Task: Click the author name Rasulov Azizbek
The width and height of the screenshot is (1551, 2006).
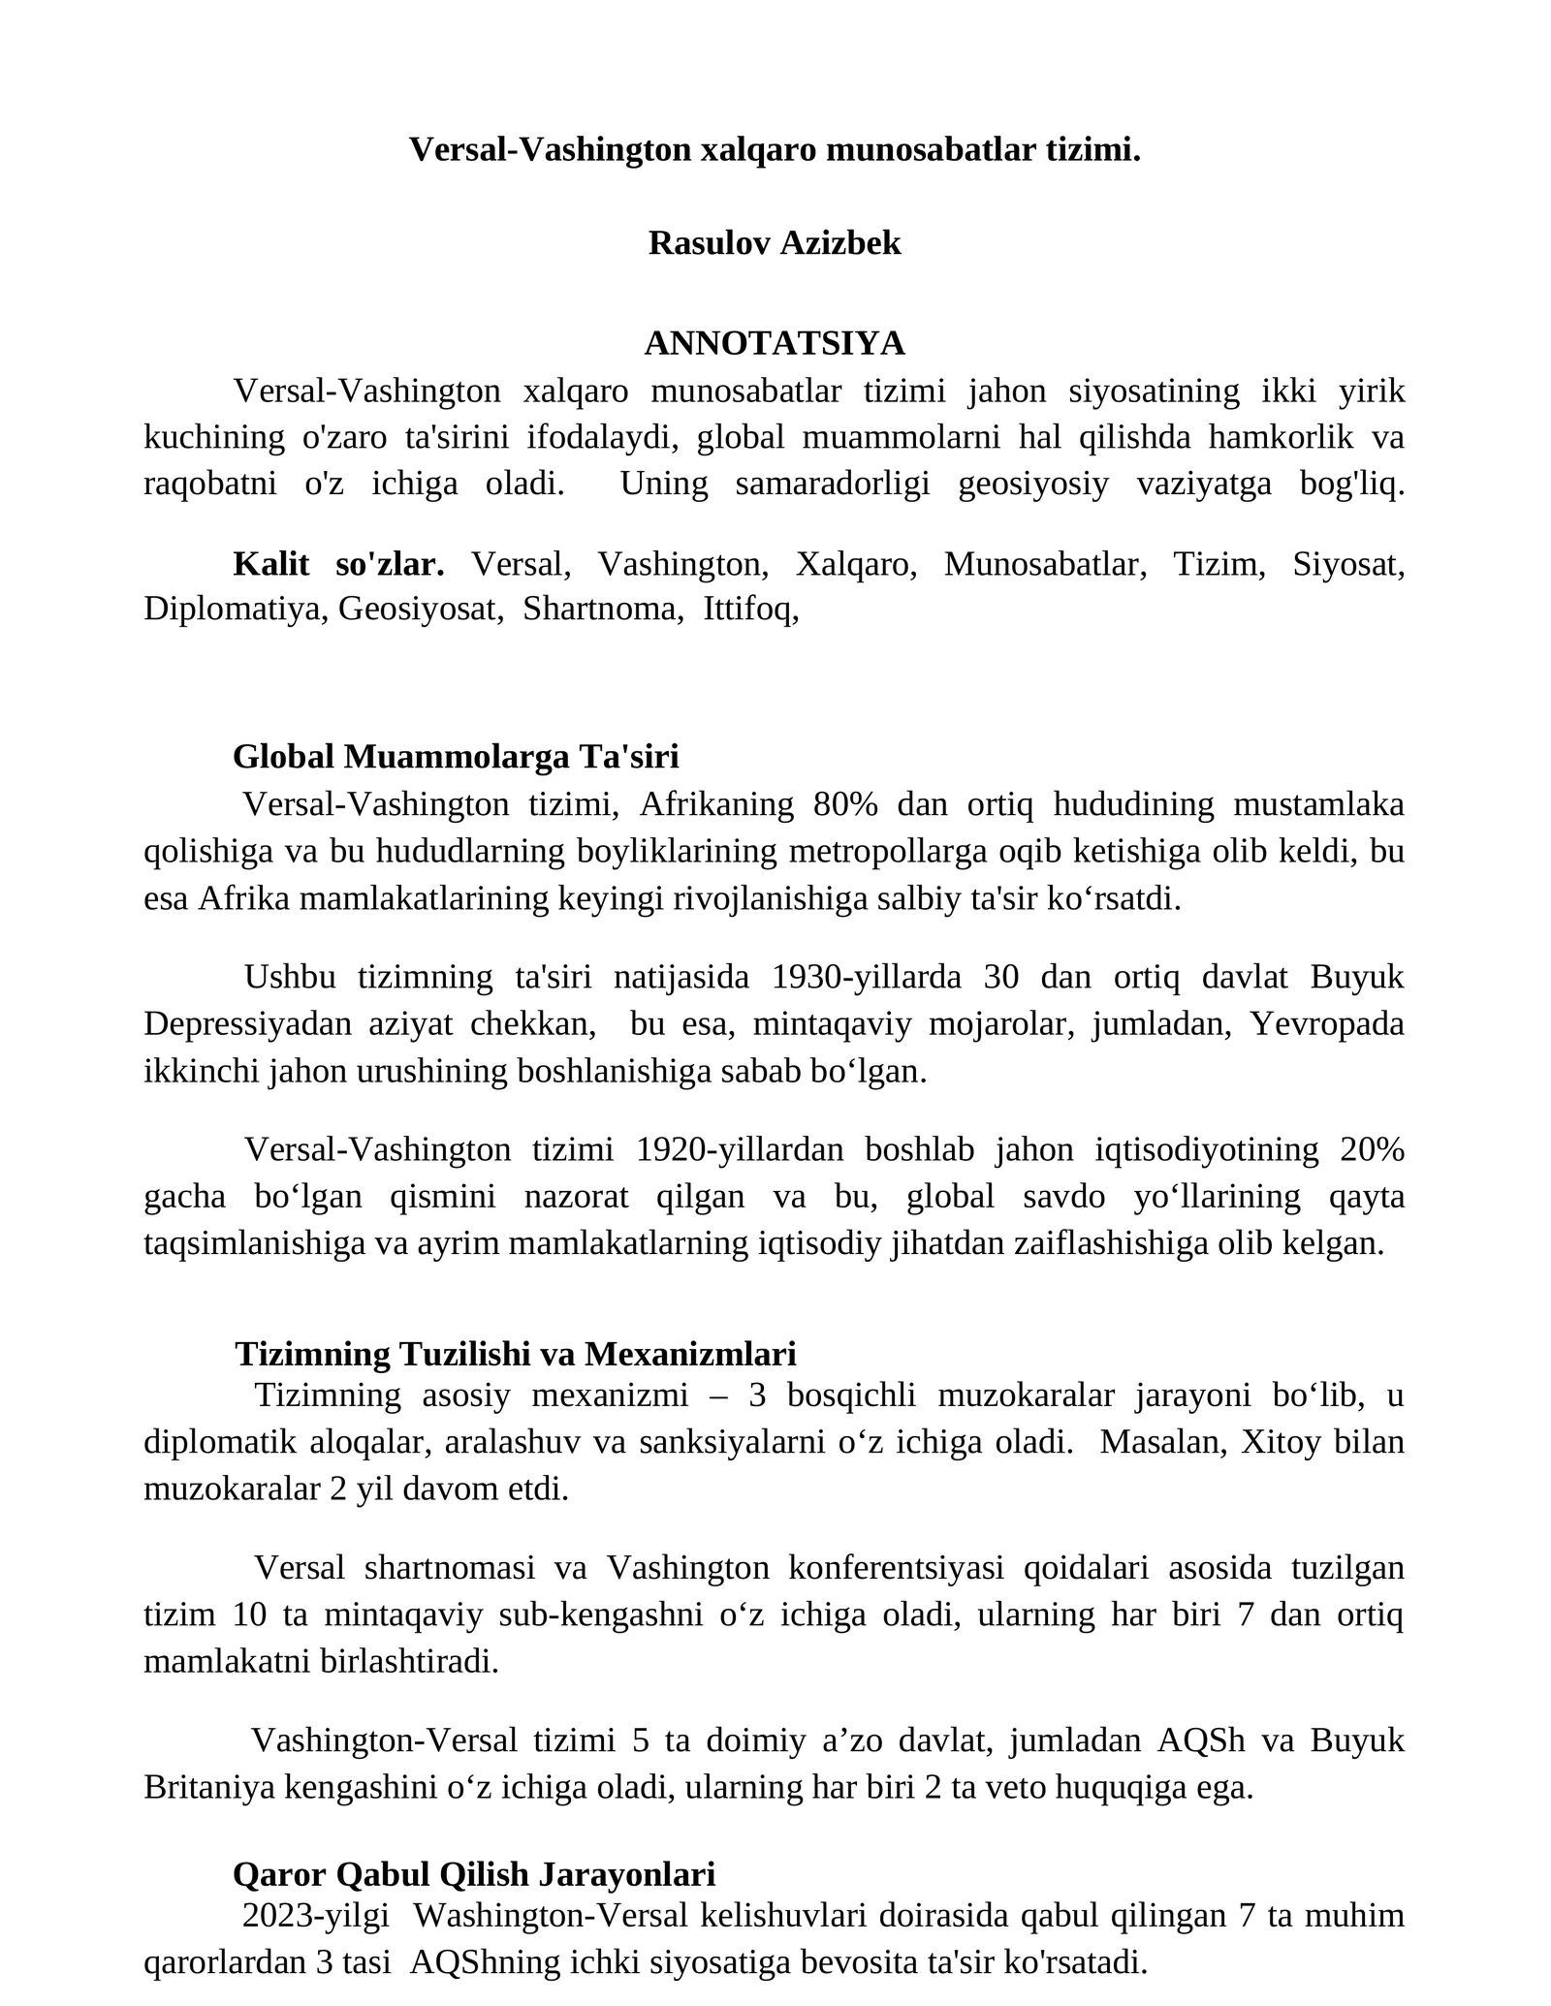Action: click(x=775, y=243)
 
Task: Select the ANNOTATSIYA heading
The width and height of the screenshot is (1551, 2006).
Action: click(x=775, y=343)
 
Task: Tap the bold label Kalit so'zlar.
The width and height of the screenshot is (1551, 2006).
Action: click(x=338, y=564)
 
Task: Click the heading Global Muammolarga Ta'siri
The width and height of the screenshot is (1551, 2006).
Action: click(x=456, y=757)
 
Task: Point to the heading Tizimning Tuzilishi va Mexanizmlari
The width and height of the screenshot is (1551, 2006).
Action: click(x=515, y=1353)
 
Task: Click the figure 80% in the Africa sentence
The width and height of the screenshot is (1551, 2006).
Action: click(x=845, y=804)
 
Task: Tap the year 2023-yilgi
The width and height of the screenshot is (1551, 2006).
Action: click(x=316, y=1916)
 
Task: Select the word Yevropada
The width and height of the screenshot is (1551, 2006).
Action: click(x=1327, y=1024)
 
